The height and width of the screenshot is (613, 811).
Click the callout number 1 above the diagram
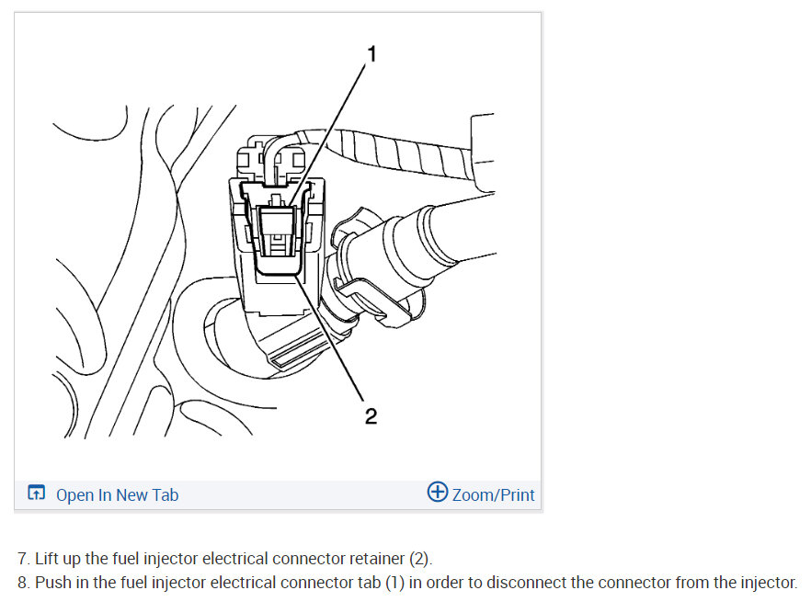[x=371, y=54]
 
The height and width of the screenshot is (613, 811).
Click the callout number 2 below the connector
[x=371, y=416]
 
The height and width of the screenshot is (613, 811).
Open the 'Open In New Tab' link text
[x=117, y=494]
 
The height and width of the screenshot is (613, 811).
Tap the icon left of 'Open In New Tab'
[x=36, y=494]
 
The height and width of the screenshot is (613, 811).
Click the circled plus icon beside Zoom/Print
[x=438, y=493]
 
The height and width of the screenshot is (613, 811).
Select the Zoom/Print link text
[x=493, y=494]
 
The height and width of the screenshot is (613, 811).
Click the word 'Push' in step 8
[x=52, y=583]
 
